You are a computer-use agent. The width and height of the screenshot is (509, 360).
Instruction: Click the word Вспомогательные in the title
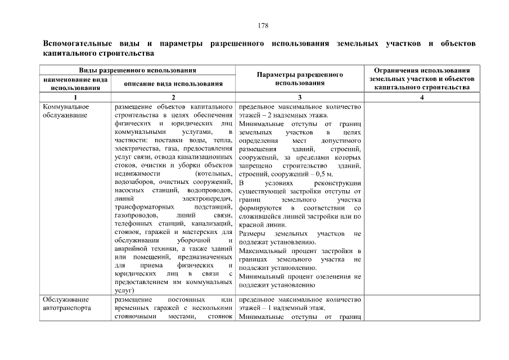coord(75,43)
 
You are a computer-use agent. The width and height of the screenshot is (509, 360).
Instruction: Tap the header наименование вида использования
coord(75,84)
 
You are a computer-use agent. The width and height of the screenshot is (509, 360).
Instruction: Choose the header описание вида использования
coord(173,84)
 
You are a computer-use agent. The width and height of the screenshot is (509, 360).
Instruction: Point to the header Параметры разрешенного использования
coord(300,79)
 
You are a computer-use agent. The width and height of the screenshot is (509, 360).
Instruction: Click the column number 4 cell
coord(422,97)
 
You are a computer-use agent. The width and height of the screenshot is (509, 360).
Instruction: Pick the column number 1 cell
coord(75,97)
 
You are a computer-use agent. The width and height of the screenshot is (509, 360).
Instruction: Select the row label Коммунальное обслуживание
coord(66,111)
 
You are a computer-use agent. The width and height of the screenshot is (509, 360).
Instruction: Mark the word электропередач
coord(207,199)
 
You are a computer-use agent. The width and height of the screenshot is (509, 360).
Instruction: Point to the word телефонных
coord(133,224)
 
